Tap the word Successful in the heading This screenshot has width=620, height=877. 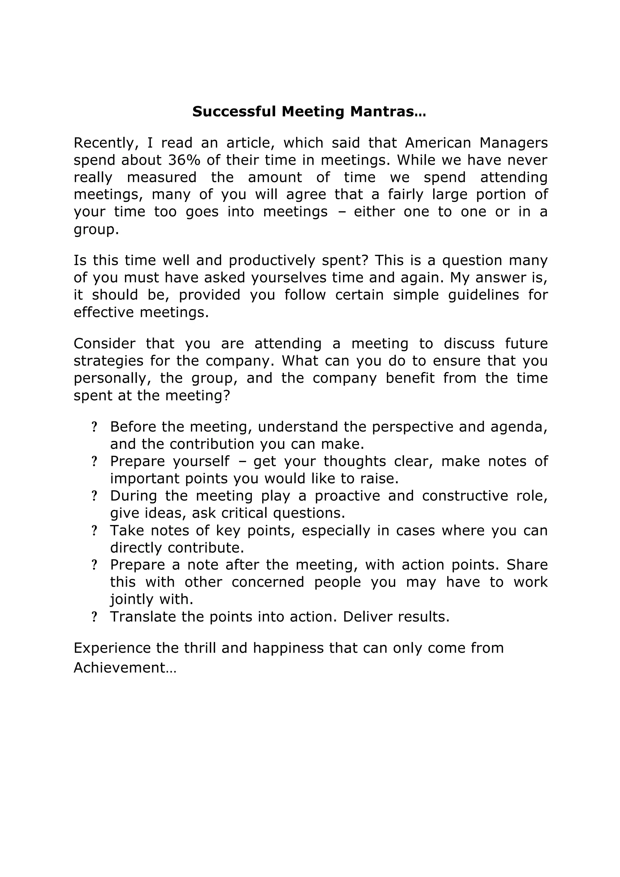pos(234,112)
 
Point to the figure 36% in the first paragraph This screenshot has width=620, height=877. pos(184,160)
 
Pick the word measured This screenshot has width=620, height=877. pos(162,177)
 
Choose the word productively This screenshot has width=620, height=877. pos(272,261)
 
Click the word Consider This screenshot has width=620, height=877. pos(104,343)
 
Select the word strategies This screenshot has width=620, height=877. pos(108,361)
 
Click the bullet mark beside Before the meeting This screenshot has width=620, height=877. pos(94,427)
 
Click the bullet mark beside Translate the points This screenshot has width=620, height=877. pos(94,617)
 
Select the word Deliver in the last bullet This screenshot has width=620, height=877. pos(368,617)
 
